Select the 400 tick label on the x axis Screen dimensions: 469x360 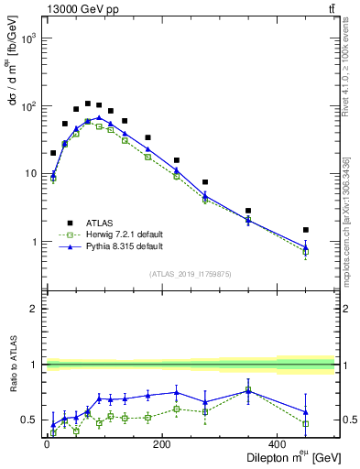(278, 443)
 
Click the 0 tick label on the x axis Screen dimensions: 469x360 (47, 443)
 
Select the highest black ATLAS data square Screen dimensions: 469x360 (88, 104)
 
